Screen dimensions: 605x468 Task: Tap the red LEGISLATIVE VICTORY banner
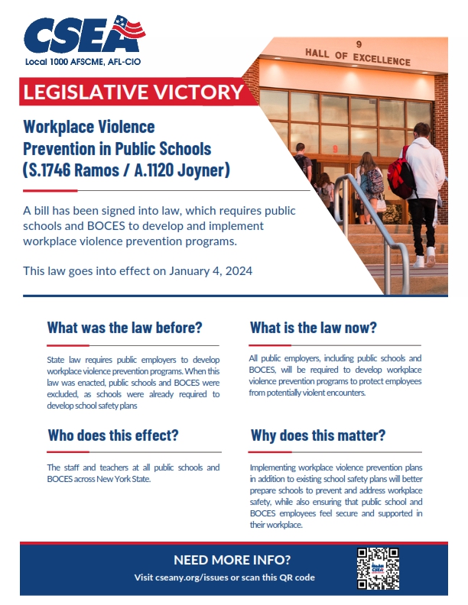132,92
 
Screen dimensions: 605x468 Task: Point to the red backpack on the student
401,174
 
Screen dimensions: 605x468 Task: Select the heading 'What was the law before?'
124,328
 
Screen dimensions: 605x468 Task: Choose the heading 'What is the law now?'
313,328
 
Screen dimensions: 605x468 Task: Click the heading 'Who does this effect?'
113,435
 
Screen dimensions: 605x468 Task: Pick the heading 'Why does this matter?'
318,435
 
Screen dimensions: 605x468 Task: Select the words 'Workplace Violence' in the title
89,125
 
